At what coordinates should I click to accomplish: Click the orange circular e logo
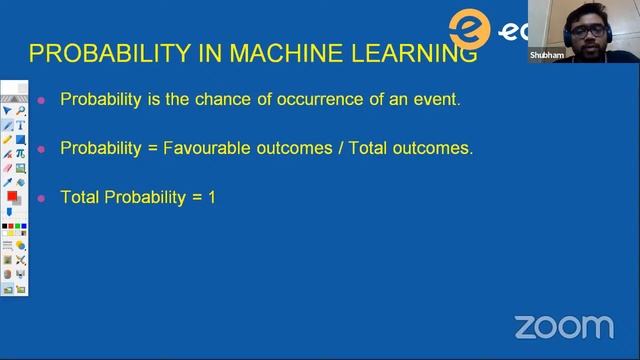point(470,28)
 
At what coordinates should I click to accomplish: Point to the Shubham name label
point(547,56)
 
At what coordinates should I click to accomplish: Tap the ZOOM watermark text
point(564,327)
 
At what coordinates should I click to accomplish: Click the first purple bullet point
point(41,100)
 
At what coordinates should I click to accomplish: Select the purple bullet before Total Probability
point(41,198)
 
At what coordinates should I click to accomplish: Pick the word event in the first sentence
point(436,99)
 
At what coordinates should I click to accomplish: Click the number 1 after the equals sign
point(211,197)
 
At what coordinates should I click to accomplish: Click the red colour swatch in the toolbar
point(13,197)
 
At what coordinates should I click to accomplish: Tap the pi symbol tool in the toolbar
point(20,154)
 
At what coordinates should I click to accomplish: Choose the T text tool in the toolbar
point(20,126)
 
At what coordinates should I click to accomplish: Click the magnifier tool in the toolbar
point(20,111)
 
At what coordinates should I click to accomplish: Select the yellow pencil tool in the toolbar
point(8,140)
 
